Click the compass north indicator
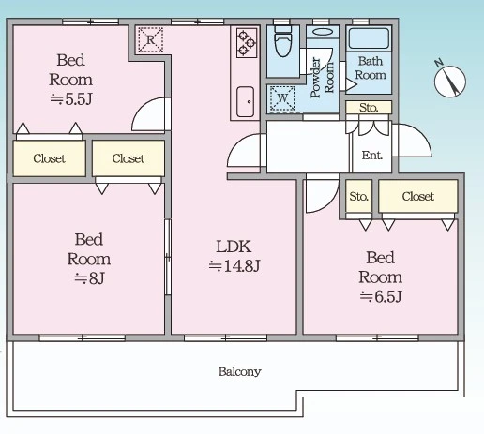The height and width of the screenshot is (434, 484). pos(450,80)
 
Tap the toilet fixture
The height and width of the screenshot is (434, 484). pos(282,41)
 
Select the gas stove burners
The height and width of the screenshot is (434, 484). pos(247,43)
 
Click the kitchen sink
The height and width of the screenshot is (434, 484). pos(245,101)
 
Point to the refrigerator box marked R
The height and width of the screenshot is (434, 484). pos(150,39)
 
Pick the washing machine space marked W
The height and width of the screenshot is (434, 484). pos(282,98)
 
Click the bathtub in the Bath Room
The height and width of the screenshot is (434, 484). pos(369,38)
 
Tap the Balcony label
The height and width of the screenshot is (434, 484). pos(240,371)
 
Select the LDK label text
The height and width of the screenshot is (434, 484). pos(234,247)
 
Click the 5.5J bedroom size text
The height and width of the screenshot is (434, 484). pos(71,99)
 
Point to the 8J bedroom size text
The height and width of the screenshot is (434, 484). pos(89,278)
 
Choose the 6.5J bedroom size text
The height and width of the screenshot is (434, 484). pos(380,296)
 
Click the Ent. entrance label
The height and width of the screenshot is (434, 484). pos(371,156)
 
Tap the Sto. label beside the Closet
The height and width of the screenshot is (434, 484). pos(358,197)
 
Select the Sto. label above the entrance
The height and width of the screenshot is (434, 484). pos(369,108)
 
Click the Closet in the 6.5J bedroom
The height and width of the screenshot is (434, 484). pos(418,196)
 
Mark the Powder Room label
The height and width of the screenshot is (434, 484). pos(322,78)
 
